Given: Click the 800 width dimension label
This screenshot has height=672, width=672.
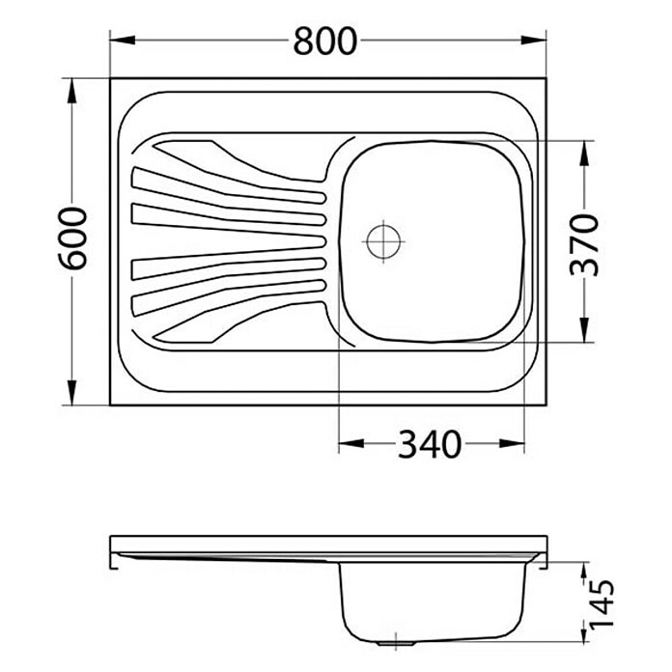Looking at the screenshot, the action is [324, 41].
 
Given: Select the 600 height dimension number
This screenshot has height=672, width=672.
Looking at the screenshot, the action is [72, 238].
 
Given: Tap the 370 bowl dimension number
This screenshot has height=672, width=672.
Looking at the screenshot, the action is [584, 244].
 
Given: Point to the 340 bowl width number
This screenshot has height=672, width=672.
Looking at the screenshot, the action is [430, 444].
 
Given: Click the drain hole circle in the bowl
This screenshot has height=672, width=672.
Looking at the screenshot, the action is [383, 241].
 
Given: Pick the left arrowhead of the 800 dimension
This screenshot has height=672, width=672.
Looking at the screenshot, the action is [123, 40].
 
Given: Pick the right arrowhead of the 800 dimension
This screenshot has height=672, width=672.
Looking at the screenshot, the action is [534, 40].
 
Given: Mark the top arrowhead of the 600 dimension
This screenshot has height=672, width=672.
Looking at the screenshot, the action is [72, 91].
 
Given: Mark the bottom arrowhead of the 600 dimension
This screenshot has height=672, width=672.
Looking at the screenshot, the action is [72, 392].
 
